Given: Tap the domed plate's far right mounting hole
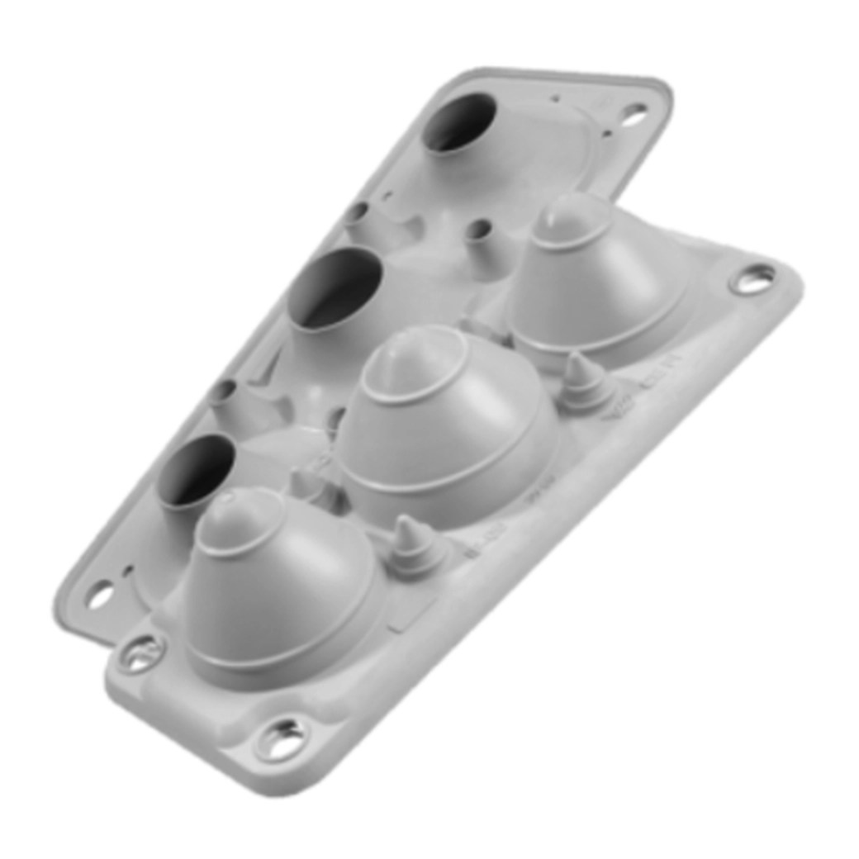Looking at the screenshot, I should (752, 279).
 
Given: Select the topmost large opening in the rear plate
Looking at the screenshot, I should (459, 122).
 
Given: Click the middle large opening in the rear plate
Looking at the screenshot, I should (335, 289).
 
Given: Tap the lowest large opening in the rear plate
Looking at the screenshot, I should (197, 470).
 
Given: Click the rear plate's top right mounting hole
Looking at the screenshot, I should (634, 114).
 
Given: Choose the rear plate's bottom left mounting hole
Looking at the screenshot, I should (100, 593).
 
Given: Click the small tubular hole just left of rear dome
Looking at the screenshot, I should (477, 229).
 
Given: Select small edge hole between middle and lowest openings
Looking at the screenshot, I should (221, 390).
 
